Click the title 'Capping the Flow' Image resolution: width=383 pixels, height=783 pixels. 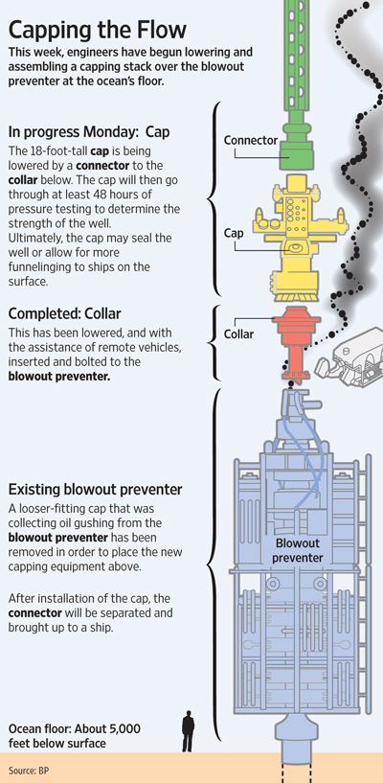(x=98, y=31)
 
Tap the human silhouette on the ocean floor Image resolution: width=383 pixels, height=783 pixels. (x=188, y=730)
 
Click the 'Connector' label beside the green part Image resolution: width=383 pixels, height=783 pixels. (x=251, y=140)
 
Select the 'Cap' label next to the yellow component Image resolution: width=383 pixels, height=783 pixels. (x=234, y=233)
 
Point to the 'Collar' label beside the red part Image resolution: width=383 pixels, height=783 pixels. (x=238, y=334)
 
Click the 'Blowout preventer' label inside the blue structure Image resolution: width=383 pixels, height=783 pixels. (x=298, y=550)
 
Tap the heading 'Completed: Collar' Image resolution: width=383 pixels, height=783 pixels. (x=65, y=314)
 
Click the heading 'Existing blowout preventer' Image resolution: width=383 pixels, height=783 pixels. (x=95, y=490)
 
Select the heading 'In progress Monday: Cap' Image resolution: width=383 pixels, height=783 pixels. (x=89, y=132)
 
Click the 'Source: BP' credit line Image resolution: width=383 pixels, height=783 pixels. (x=29, y=771)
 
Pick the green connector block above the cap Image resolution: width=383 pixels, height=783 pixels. (x=297, y=146)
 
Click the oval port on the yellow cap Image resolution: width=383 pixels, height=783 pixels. (x=295, y=246)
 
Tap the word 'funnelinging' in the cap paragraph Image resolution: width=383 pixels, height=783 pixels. (x=41, y=266)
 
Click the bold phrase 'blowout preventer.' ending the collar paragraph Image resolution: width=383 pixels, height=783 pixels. (x=58, y=376)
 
